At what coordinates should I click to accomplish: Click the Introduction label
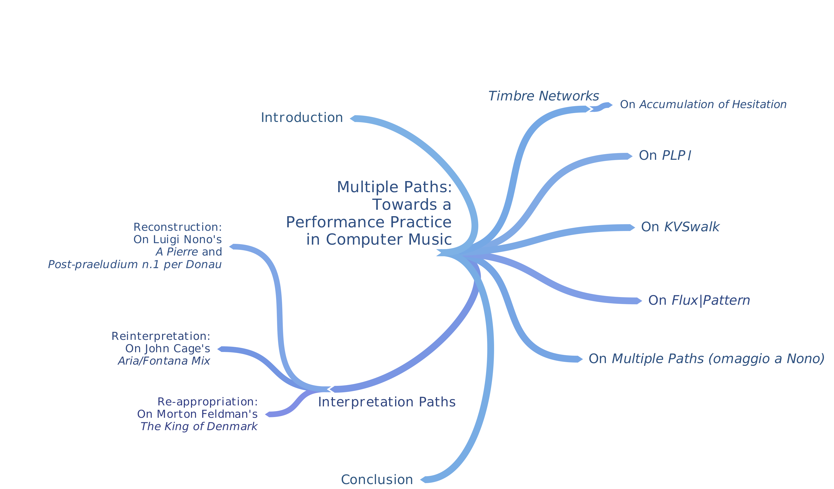[302, 118]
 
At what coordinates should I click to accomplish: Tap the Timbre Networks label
[544, 96]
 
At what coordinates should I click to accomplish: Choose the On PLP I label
[665, 156]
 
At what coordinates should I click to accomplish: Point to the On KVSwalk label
[680, 227]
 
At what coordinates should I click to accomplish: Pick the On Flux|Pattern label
[699, 301]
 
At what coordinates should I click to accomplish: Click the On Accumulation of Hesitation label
[703, 105]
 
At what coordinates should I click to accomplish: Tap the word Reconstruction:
[177, 227]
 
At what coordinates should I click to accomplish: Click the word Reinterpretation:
[161, 336]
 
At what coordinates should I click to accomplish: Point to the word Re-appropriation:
[208, 402]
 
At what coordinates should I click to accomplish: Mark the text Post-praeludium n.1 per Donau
[135, 265]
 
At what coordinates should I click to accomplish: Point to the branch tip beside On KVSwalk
[632, 227]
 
